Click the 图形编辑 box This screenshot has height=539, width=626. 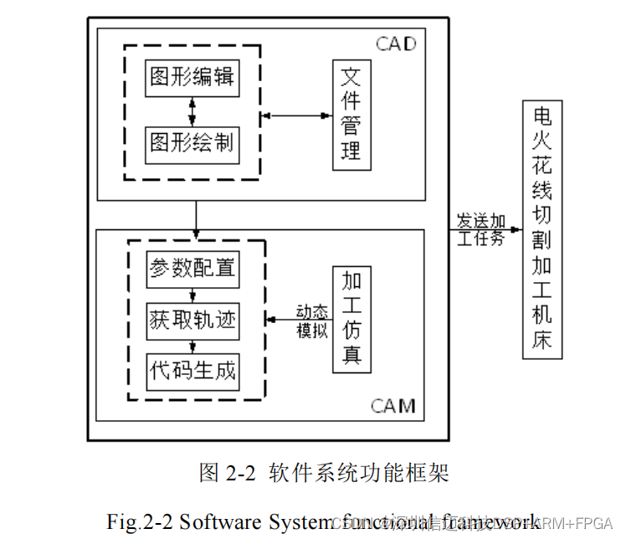click(192, 78)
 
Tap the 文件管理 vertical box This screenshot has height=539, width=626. click(351, 114)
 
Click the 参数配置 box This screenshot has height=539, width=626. click(192, 269)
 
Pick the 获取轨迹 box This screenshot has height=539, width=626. click(192, 319)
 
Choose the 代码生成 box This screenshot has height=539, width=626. click(192, 369)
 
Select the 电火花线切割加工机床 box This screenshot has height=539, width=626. click(542, 229)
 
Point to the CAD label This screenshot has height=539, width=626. click(395, 44)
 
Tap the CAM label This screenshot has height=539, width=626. click(393, 407)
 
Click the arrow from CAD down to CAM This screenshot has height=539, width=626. click(196, 215)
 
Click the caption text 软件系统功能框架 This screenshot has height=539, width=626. click(359, 473)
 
